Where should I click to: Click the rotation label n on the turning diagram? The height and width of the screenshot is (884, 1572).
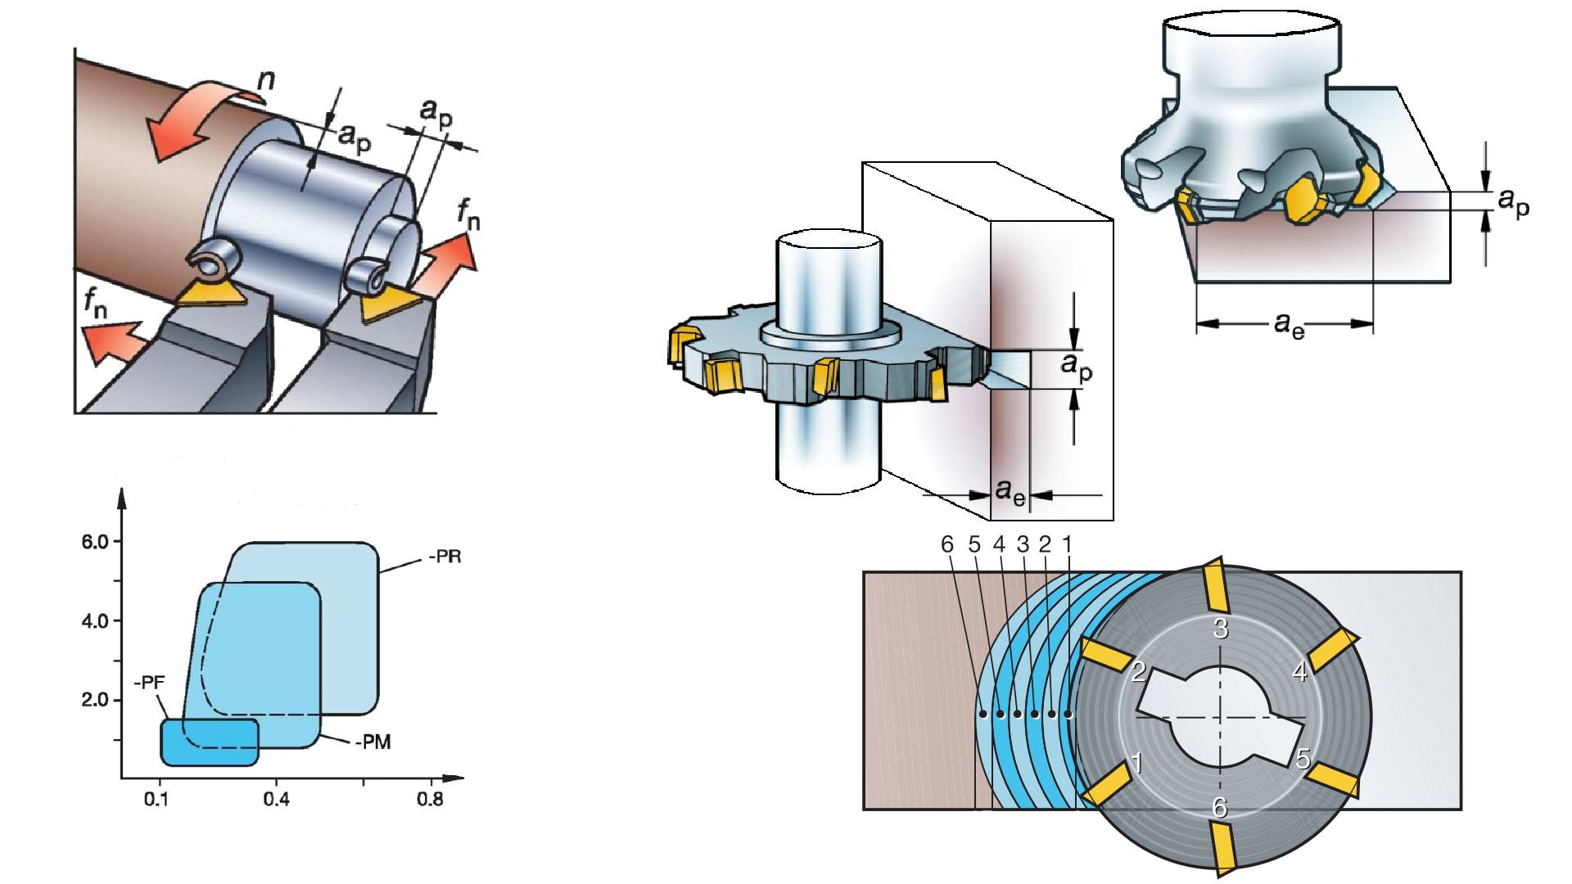click(x=266, y=79)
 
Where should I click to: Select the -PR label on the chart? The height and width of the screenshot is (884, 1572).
click(x=445, y=557)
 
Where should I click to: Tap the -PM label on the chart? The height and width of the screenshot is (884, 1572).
click(x=373, y=742)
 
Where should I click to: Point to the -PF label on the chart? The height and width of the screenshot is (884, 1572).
click(x=149, y=683)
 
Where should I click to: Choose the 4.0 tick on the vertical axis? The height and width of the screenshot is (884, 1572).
click(x=95, y=620)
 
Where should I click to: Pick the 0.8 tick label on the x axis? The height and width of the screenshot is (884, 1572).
click(x=430, y=798)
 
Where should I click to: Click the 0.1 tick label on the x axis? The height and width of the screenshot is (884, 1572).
click(x=156, y=798)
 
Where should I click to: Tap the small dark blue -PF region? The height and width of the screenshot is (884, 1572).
click(x=209, y=742)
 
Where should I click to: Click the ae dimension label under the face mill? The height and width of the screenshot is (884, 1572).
click(x=1289, y=325)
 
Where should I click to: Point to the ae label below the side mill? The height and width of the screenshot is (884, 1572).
click(x=1010, y=493)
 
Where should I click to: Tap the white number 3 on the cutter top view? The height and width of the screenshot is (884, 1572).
click(x=1220, y=629)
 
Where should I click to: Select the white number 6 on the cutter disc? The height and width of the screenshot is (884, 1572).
click(x=1219, y=808)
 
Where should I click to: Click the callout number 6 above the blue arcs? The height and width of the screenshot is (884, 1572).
click(x=947, y=544)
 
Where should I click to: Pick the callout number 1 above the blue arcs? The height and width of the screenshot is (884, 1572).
click(x=1067, y=544)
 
